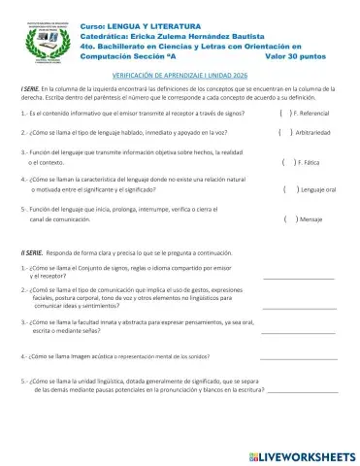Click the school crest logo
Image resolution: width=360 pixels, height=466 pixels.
[x=48, y=37]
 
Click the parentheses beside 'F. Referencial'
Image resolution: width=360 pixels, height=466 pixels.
[x=282, y=114]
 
